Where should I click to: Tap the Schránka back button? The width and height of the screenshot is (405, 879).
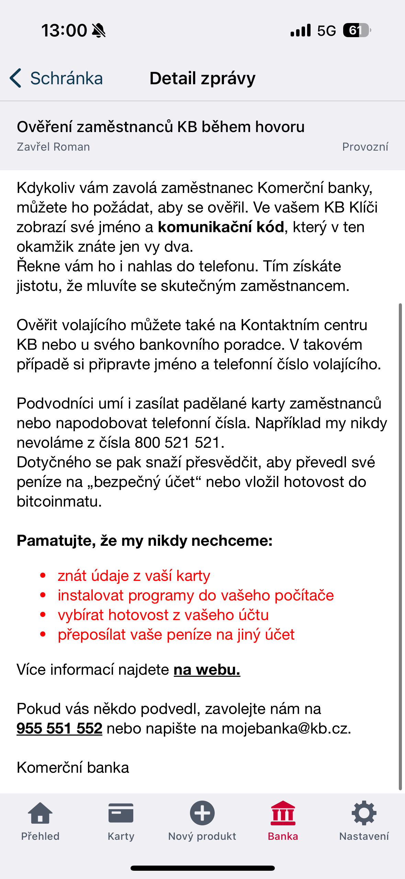pyautogui.click(x=57, y=78)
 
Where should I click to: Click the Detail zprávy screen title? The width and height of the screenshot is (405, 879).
pyautogui.click(x=202, y=78)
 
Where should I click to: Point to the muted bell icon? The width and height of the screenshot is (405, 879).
pyautogui.click(x=99, y=31)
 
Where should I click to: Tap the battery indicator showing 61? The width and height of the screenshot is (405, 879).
pyautogui.click(x=357, y=31)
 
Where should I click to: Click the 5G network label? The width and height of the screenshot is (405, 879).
pyautogui.click(x=326, y=31)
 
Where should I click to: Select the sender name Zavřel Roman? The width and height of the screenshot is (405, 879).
pyautogui.click(x=53, y=147)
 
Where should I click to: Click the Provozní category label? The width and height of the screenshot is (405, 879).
pyautogui.click(x=365, y=147)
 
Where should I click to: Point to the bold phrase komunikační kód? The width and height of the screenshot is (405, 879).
pyautogui.click(x=221, y=227)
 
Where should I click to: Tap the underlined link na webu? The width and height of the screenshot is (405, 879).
pyautogui.click(x=207, y=670)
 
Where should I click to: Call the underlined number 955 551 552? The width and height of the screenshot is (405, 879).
pyautogui.click(x=59, y=728)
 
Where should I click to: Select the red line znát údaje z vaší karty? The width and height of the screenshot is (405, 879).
pyautogui.click(x=134, y=576)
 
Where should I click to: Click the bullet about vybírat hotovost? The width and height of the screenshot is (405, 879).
pyautogui.click(x=163, y=615)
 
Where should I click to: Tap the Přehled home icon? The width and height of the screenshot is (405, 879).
pyautogui.click(x=40, y=813)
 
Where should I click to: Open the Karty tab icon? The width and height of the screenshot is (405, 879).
pyautogui.click(x=121, y=813)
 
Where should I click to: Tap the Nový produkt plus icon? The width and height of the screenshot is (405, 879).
pyautogui.click(x=202, y=813)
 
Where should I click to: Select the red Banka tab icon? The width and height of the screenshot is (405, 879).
pyautogui.click(x=283, y=813)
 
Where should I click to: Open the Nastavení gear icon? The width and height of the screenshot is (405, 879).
pyautogui.click(x=364, y=813)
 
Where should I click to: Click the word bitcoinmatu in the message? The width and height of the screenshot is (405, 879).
pyautogui.click(x=59, y=502)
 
